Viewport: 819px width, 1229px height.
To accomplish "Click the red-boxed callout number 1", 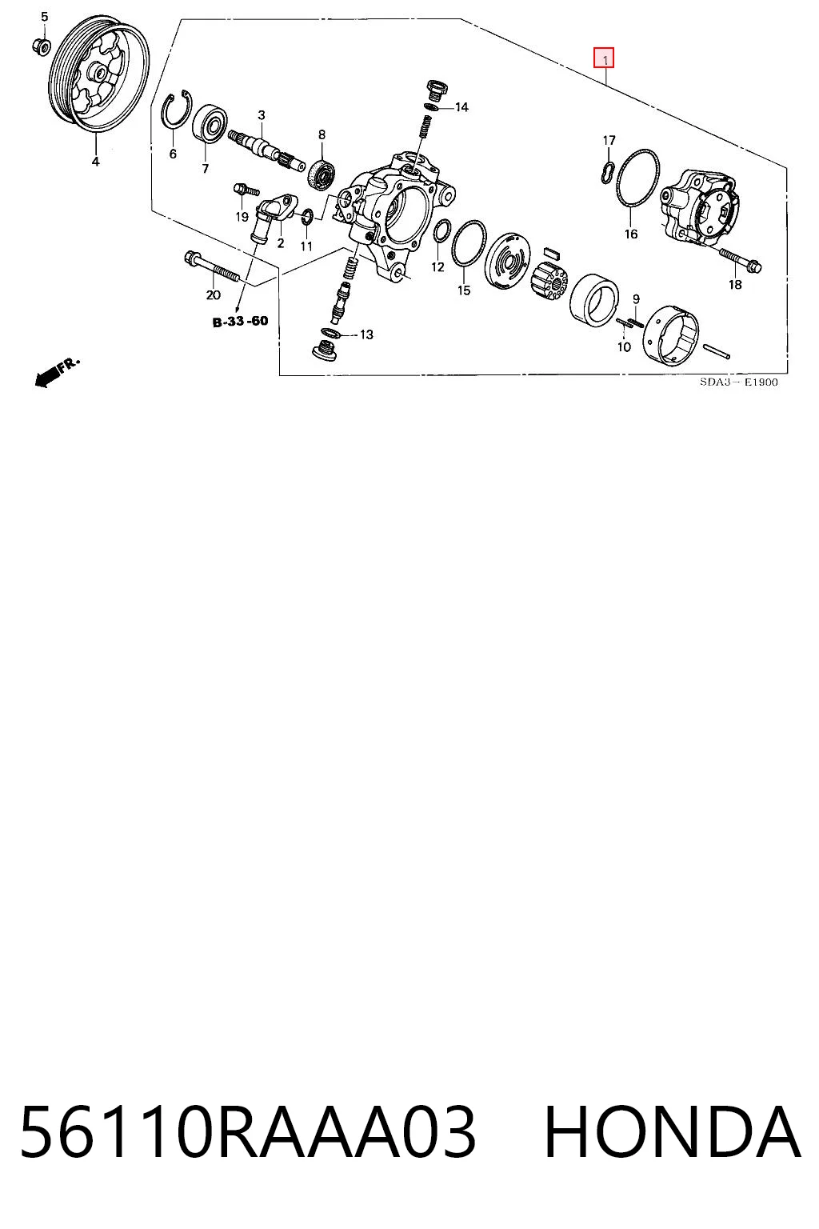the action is [604, 58].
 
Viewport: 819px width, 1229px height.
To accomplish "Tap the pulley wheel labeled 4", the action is [99, 77].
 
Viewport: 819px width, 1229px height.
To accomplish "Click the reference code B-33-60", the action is [240, 321].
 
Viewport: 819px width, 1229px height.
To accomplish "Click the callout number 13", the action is [366, 334].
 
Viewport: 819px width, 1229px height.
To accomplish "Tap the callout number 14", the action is [461, 107].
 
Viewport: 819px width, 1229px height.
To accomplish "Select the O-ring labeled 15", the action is [469, 245].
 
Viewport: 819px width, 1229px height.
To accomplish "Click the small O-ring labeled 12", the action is [441, 231].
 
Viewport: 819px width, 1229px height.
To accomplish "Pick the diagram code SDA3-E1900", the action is [738, 382].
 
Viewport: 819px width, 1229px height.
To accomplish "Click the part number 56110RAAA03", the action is [247, 1131].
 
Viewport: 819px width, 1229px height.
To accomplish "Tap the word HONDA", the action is [673, 1131].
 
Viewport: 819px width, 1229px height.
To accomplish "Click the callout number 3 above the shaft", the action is [261, 115].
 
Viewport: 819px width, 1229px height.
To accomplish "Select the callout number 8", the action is [322, 134].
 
